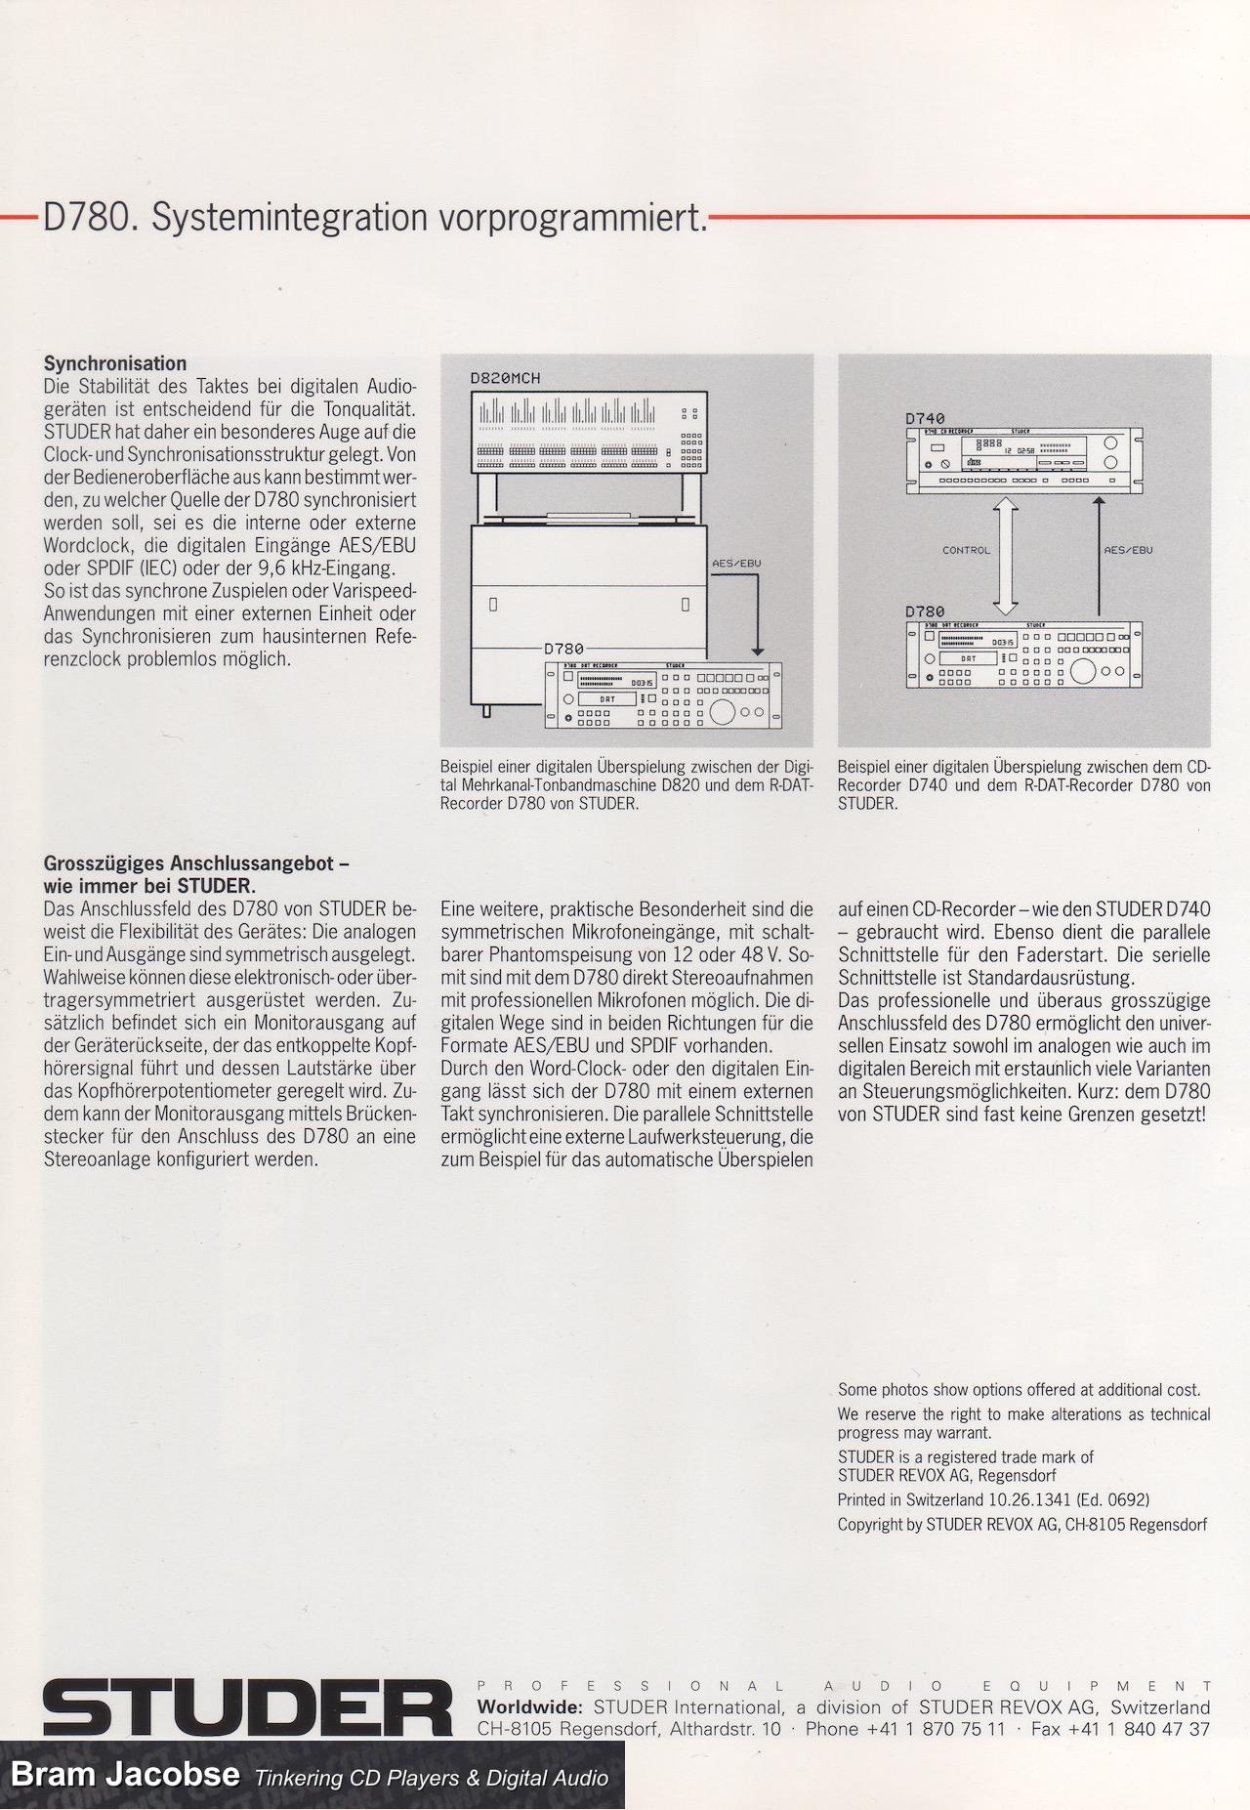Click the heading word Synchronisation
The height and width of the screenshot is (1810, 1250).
pyautogui.click(x=114, y=364)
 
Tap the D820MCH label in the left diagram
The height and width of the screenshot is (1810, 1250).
pyautogui.click(x=505, y=378)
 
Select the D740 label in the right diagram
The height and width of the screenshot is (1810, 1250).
pyautogui.click(x=925, y=419)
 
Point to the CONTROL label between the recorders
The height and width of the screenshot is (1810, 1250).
pyautogui.click(x=966, y=550)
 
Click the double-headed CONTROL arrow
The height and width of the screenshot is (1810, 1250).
pyautogui.click(x=1007, y=553)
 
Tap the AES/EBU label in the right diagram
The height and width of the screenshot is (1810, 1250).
pyautogui.click(x=1128, y=550)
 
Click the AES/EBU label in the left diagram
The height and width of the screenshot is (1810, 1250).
pyautogui.click(x=737, y=564)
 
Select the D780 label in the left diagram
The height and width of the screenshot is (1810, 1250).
pyautogui.click(x=563, y=648)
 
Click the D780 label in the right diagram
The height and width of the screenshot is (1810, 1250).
pyautogui.click(x=925, y=612)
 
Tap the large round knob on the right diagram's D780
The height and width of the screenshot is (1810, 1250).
pyautogui.click(x=1084, y=671)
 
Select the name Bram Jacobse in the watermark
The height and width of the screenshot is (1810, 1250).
pyautogui.click(x=124, y=1775)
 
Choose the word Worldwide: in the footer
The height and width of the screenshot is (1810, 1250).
pyautogui.click(x=529, y=1707)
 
